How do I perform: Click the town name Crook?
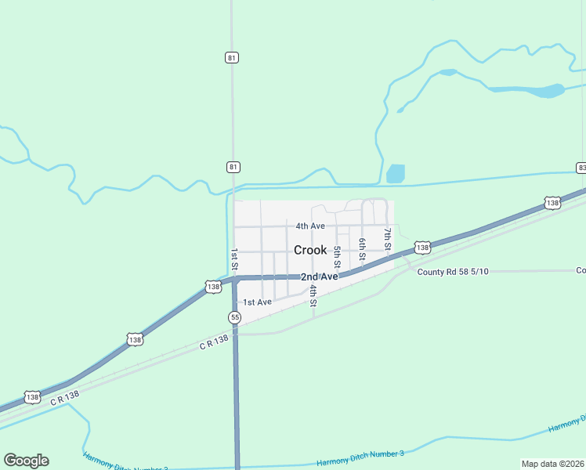click(310, 250)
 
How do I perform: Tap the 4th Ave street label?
click(310, 226)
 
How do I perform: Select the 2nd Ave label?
click(320, 277)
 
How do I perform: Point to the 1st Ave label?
click(257, 302)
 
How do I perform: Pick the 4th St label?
click(313, 295)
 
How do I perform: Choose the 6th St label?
click(362, 249)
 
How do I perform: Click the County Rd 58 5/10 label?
click(453, 272)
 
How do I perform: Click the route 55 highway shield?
click(234, 317)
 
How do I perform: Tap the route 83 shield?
click(581, 168)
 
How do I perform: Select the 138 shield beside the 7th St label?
click(422, 248)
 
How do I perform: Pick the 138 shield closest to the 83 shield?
click(553, 203)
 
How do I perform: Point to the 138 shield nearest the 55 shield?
click(213, 287)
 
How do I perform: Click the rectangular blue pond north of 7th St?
click(396, 173)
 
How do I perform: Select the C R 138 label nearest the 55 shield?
click(213, 342)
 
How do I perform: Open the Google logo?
click(26, 461)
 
